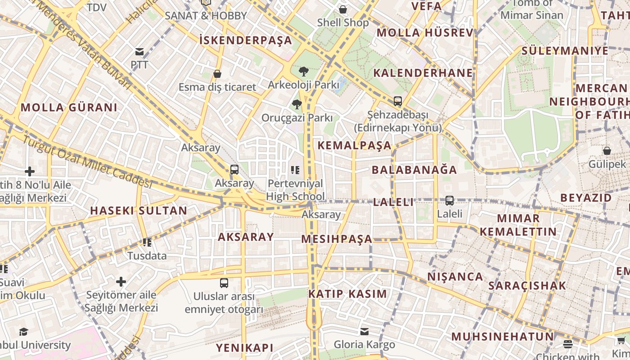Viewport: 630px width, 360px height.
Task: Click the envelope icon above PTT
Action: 139,52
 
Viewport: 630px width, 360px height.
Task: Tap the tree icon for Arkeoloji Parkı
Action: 304,71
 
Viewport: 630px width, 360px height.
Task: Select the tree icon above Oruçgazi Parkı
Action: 297,105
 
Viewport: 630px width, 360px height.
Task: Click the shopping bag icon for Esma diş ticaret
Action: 217,74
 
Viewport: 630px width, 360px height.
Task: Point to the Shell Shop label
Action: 343,22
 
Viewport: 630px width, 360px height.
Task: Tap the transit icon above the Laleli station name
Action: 450,201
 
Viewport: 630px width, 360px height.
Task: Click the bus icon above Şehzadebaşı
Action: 397,101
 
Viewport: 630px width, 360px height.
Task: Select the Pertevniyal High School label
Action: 295,190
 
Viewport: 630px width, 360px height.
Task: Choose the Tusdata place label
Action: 147,256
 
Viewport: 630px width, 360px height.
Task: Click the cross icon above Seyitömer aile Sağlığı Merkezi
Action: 121,282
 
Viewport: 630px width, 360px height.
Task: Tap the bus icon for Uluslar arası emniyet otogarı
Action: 224,283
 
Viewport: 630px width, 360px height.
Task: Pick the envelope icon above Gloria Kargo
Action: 364,332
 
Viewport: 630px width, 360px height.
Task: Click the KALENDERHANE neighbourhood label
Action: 423,73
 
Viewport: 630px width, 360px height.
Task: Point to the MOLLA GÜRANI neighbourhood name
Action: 69,108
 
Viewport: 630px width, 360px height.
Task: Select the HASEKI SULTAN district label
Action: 139,211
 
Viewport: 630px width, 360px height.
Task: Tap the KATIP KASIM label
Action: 347,294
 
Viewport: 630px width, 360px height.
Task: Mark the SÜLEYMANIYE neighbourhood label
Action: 565,50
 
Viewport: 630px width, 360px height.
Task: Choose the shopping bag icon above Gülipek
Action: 607,151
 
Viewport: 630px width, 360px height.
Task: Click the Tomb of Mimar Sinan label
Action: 532,9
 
